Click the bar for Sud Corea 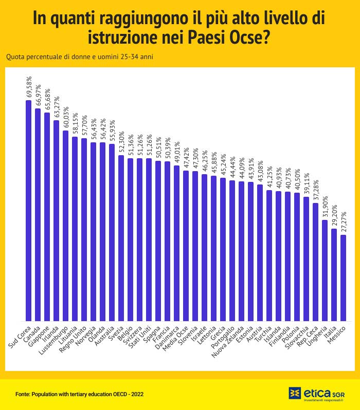tap(28, 211)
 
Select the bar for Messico tap(344, 278)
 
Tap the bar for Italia tap(334, 274)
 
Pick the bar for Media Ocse tap(186, 246)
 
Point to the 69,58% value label tap(29, 87)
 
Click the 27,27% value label tap(344, 221)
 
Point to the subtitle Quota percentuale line tap(79, 57)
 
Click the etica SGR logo tap(317, 394)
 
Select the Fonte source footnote tap(79, 394)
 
